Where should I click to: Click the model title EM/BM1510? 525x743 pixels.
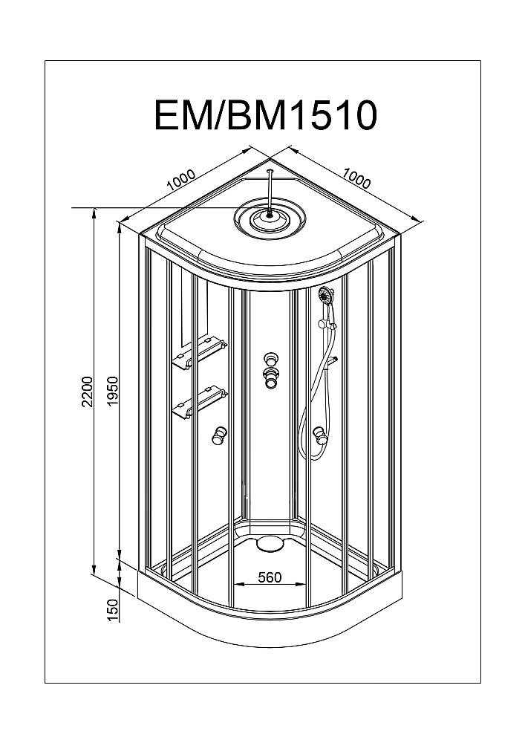[266, 116]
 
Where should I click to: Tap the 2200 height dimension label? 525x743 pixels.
[88, 392]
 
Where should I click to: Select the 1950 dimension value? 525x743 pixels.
[112, 392]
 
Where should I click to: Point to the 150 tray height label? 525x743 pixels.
[112, 609]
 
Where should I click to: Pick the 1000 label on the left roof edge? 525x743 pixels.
[181, 181]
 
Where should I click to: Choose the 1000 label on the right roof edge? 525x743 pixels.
[356, 176]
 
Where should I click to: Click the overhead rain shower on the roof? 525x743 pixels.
[268, 218]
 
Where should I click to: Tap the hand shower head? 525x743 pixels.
[325, 296]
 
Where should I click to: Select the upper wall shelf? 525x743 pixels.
[199, 353]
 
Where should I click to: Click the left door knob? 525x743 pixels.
[219, 435]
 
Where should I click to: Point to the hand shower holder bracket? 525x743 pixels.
[324, 323]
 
